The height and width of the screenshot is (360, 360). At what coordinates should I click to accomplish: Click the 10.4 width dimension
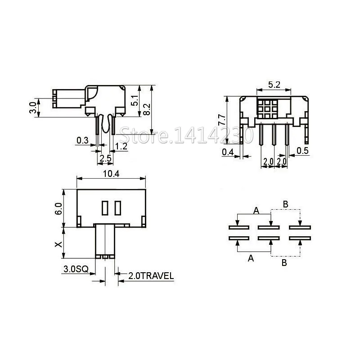click(112, 175)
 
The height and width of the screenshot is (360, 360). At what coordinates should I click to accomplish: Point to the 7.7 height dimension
click(221, 120)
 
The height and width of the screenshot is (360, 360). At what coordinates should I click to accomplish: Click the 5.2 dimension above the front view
click(274, 84)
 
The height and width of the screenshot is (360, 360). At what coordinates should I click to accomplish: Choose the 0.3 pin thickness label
click(82, 140)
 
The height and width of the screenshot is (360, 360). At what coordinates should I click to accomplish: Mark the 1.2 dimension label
click(121, 146)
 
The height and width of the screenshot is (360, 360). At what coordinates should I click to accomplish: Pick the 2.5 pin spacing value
click(105, 158)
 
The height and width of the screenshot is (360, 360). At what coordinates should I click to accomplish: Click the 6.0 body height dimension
click(57, 208)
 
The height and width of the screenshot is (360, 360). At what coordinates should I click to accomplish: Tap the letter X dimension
click(58, 244)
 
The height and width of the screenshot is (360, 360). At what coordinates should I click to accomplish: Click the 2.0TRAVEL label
click(151, 276)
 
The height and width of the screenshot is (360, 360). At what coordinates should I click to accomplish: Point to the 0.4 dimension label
click(228, 152)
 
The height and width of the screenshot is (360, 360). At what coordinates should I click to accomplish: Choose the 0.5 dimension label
click(303, 151)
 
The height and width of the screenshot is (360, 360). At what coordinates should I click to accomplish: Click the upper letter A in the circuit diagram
click(256, 210)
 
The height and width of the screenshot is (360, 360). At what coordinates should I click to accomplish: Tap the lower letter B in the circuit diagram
click(284, 263)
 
